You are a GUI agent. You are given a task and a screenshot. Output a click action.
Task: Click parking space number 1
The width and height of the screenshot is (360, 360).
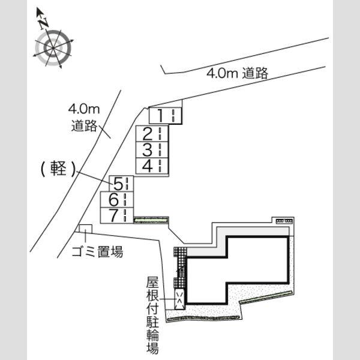point(166,116)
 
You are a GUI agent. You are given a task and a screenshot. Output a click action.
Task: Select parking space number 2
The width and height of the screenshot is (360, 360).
point(152,134)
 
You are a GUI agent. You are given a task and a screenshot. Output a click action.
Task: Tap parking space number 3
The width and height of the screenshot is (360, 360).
point(152,149)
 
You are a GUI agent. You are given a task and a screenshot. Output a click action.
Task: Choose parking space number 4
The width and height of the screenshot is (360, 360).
point(152,166)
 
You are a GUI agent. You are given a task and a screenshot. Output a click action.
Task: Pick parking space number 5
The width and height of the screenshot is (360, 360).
point(121,184)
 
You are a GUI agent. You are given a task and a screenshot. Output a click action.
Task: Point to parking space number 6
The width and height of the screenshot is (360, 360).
point(117,200)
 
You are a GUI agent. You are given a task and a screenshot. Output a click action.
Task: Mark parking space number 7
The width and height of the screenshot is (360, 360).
point(117,215)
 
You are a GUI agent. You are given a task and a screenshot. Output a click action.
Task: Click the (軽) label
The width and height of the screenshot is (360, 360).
point(58,169)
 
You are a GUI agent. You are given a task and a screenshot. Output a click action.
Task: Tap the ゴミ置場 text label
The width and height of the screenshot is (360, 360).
point(97,251)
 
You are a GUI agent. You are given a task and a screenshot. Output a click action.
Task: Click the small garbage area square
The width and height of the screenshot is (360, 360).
point(85,229)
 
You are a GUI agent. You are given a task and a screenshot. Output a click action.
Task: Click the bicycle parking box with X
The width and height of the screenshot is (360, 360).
point(179,299)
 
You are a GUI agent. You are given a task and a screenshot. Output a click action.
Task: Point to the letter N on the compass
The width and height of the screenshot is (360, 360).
point(43,23)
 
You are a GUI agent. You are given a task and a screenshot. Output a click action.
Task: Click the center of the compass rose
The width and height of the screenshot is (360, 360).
point(53,48)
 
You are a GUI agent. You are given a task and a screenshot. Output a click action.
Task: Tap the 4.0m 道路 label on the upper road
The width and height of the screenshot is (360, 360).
point(238,73)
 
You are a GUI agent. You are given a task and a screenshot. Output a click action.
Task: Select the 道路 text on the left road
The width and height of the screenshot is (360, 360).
point(84,126)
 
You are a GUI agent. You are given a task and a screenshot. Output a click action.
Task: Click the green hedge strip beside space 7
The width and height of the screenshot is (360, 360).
point(151,220)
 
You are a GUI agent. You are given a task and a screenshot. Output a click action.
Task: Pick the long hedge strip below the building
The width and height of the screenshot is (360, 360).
point(203,318)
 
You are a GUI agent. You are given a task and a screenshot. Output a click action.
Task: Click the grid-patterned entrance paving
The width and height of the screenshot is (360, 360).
point(181,268)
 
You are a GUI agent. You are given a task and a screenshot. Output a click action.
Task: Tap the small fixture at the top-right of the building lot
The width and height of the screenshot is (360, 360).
point(284,221)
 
